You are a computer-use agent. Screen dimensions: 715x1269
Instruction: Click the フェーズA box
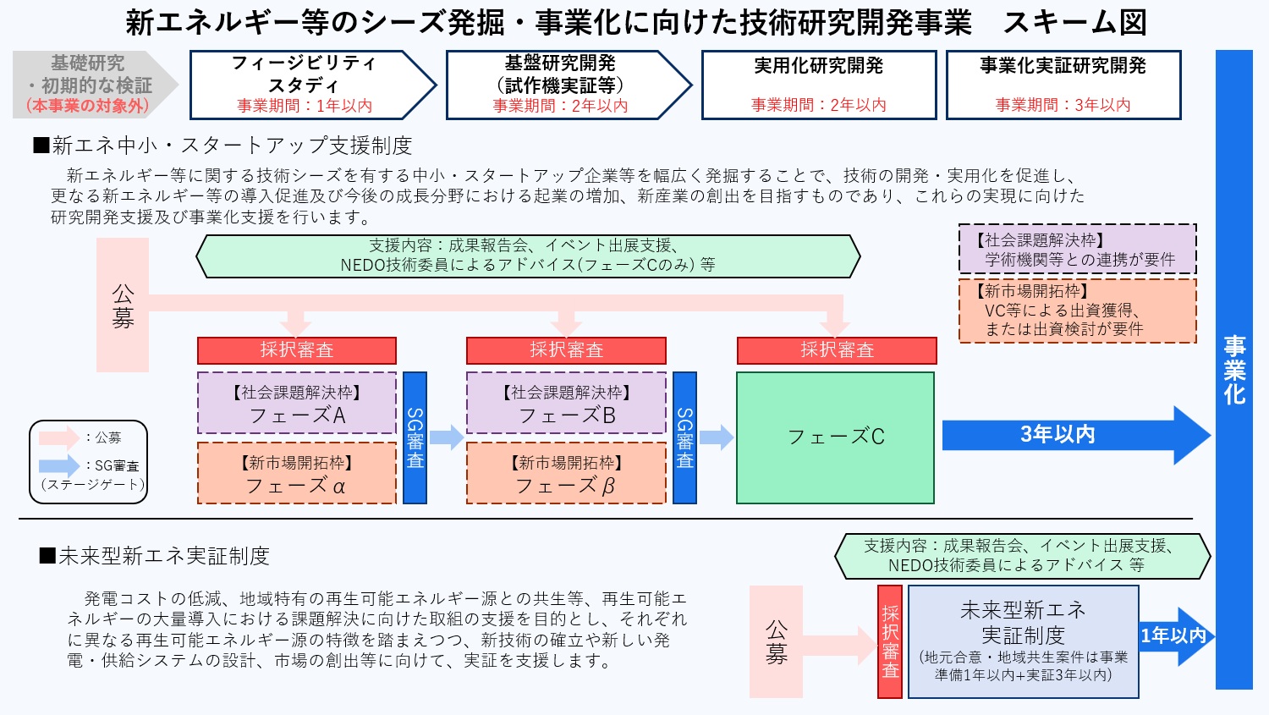pos(297,404)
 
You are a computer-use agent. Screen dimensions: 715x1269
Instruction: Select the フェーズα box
pos(297,474)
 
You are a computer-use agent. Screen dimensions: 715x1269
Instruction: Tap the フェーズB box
pos(566,404)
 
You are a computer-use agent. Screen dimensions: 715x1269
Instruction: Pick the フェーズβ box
pos(566,474)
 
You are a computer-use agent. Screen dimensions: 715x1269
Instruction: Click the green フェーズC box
pos(835,437)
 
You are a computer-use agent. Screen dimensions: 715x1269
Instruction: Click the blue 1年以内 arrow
pos(1175,635)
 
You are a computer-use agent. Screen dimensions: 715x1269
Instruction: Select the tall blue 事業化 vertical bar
pos(1233,369)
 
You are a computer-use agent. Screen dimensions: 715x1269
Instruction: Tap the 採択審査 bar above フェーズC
pos(837,350)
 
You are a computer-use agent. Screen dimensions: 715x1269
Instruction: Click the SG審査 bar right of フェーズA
pos(415,437)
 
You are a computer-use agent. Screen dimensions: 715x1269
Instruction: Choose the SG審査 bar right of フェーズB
pos(684,437)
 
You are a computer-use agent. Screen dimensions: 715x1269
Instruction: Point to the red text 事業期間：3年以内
pos(1063,105)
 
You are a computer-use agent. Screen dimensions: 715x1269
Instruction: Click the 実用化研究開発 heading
pos(818,66)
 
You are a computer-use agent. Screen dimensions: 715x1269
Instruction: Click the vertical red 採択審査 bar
pos(890,642)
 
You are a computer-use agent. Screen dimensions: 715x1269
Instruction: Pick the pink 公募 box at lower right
pos(776,642)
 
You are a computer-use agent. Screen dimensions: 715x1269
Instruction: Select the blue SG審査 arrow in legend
pos(59,465)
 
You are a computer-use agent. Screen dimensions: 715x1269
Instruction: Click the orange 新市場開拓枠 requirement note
pos(1077,311)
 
